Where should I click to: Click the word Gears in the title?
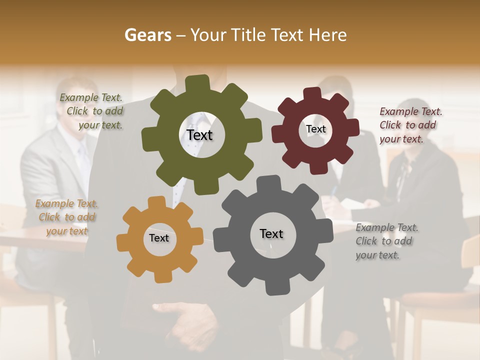[147, 35]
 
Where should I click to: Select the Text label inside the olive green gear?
[199, 135]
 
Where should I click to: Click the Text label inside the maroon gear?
[315, 129]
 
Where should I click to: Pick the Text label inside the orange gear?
[159, 238]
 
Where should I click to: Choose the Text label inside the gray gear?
[271, 233]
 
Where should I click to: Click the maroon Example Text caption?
[410, 125]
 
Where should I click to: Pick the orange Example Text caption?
[66, 217]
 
